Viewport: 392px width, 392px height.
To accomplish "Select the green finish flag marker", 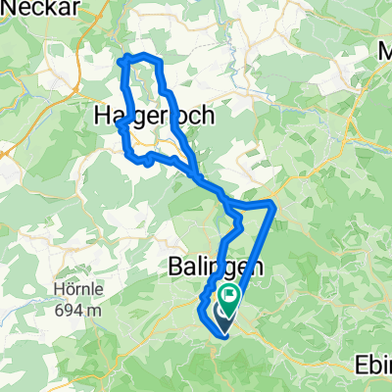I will click(231, 296).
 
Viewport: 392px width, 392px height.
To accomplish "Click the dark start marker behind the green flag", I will click(222, 313).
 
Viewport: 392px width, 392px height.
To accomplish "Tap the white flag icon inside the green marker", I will click(231, 294).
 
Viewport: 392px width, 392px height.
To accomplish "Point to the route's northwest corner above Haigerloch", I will click(121, 61).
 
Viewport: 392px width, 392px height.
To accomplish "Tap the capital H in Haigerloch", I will click(101, 115).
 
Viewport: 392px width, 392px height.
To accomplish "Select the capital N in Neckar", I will click(6, 7).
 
